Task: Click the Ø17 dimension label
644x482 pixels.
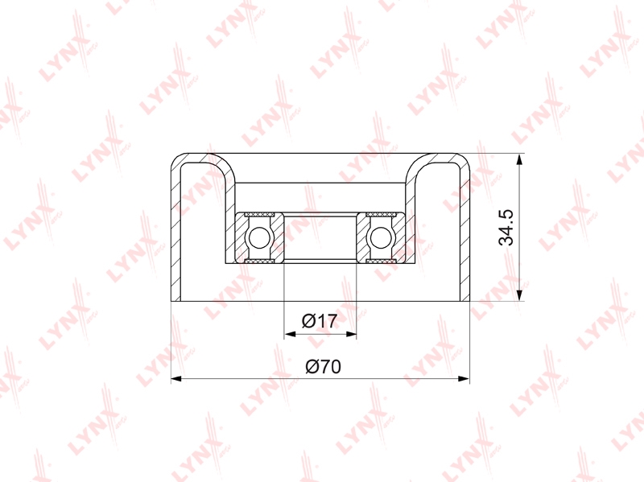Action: pos(320,320)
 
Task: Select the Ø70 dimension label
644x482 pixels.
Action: pos(324,366)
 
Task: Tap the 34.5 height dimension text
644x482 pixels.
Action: pos(506,227)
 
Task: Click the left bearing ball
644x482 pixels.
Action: pos(258,237)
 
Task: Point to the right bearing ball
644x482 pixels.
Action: pos(381,237)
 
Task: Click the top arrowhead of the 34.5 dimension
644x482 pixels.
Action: pos(519,160)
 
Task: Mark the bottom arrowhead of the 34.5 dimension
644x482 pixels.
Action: pos(519,295)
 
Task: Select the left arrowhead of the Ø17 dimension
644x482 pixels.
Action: pos(291,334)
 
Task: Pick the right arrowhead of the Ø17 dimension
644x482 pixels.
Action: pos(351,334)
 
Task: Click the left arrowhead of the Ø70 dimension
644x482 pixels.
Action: pos(177,379)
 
